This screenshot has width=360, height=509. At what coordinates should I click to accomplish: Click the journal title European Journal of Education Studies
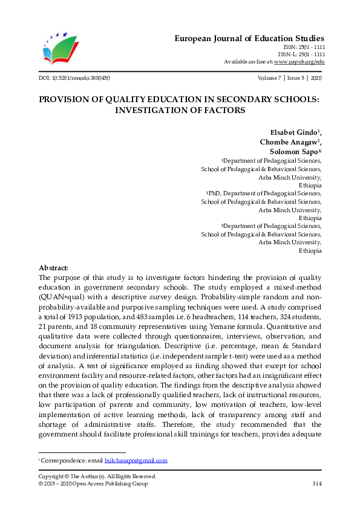point(249,38)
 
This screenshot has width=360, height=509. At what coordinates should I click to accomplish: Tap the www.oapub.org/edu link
point(299,62)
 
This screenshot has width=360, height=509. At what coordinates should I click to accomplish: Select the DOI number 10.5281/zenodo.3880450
point(80,78)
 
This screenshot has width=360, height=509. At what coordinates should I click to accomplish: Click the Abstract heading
point(53,267)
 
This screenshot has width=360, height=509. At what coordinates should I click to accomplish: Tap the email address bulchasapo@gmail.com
point(136,461)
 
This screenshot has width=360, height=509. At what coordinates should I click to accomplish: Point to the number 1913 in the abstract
point(80,316)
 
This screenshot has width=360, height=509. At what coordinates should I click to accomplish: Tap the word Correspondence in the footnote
point(62,461)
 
